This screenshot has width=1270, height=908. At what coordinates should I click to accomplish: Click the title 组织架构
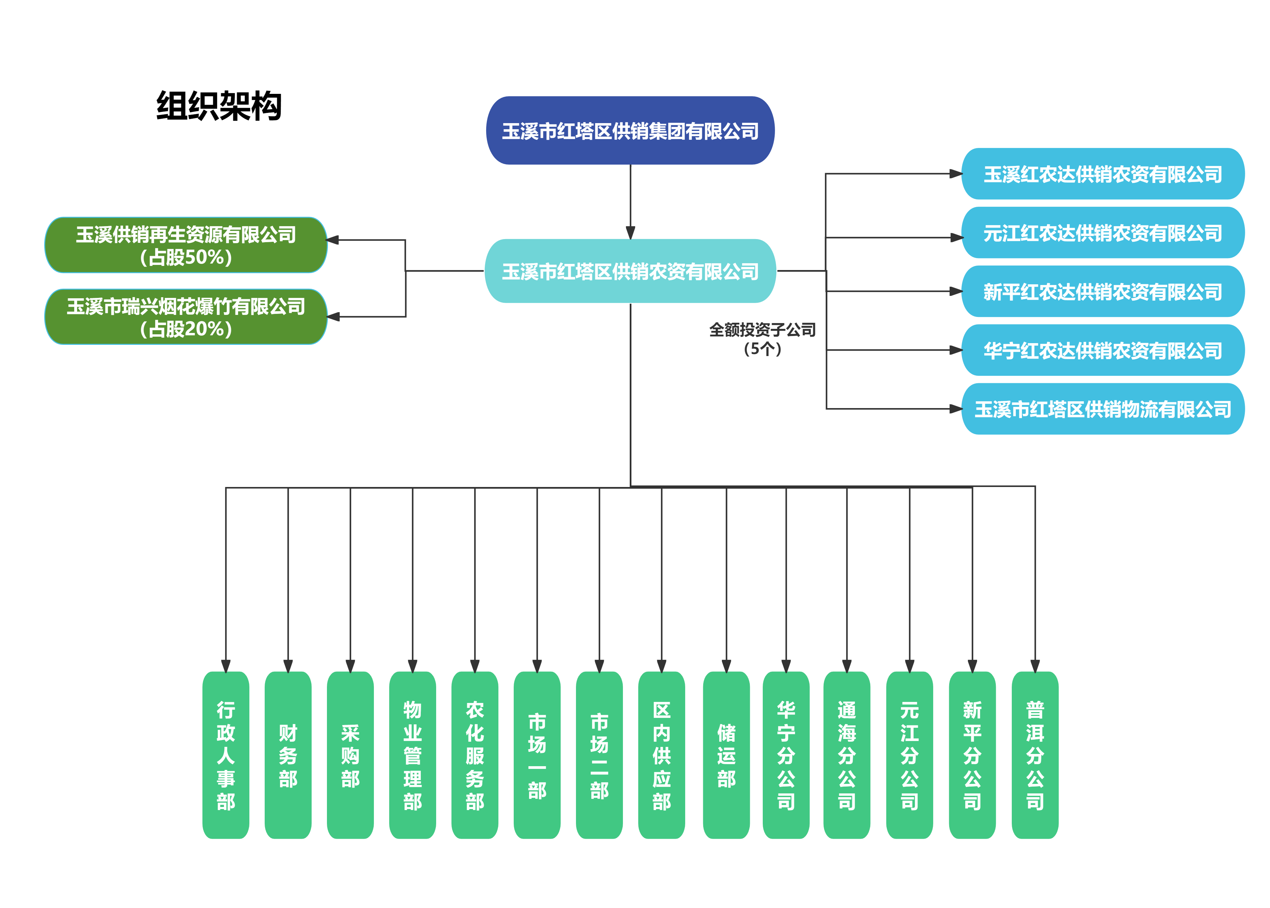[219, 106]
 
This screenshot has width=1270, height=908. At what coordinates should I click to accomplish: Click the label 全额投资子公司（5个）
[762, 339]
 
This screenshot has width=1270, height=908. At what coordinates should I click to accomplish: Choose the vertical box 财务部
[288, 755]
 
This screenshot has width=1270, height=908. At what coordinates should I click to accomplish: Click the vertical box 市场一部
[537, 755]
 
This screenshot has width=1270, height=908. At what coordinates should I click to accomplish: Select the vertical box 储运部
[726, 755]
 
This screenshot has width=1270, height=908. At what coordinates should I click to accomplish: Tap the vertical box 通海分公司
[847, 755]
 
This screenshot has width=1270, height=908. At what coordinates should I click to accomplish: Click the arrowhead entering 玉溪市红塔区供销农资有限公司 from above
[630, 233]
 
